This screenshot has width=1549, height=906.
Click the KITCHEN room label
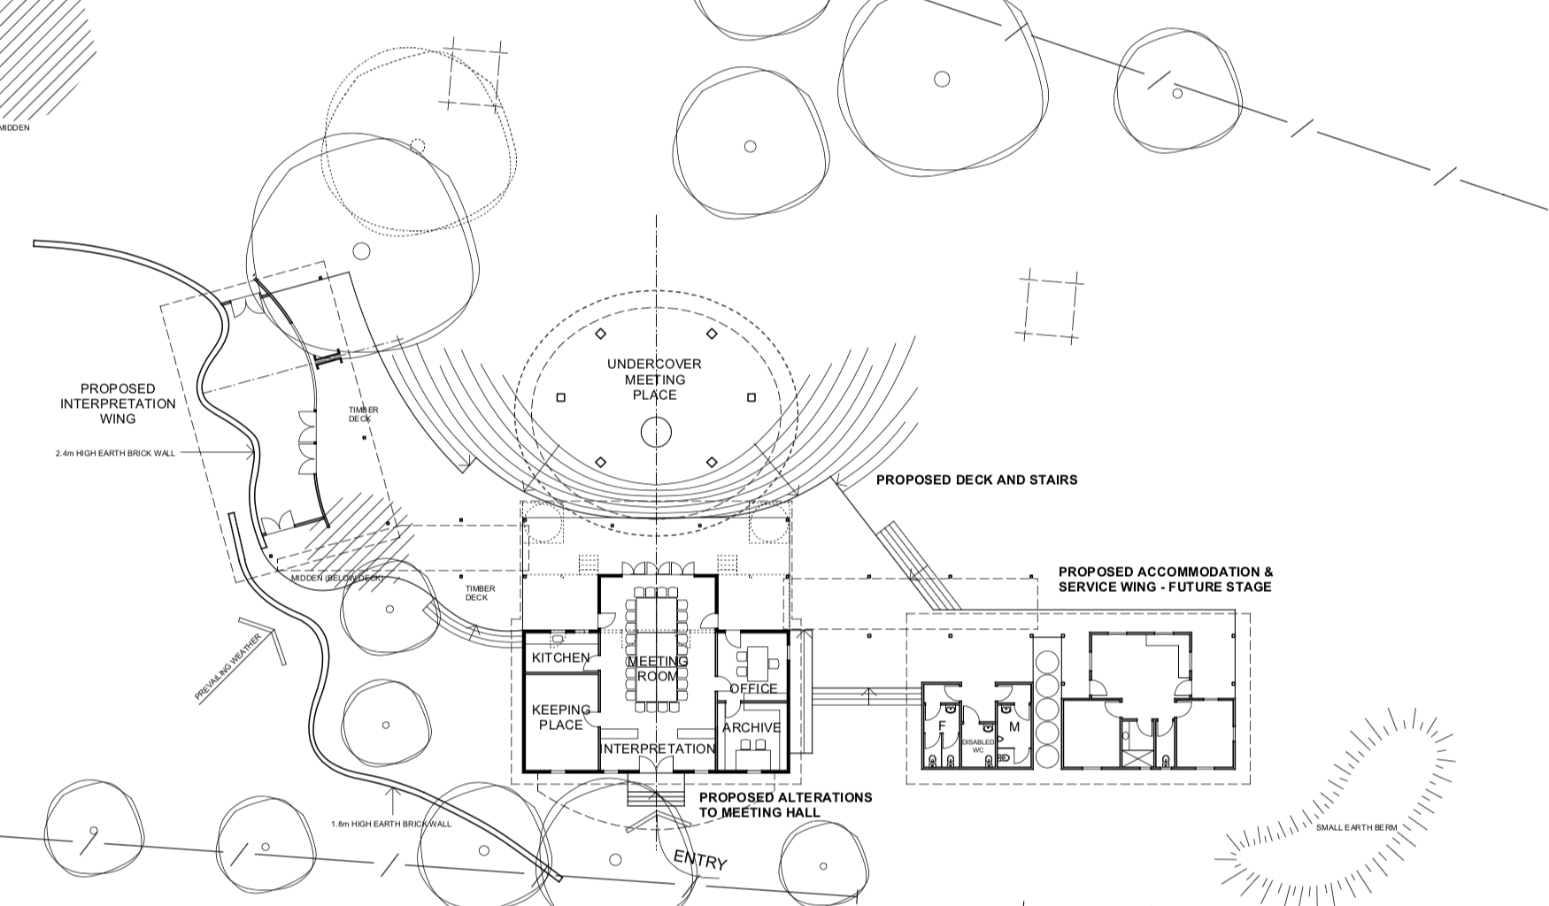point(560,657)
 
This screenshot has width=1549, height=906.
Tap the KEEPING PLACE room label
point(560,717)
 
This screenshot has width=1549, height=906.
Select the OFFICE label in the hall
point(753,688)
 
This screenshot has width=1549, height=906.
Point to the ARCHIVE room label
point(751,727)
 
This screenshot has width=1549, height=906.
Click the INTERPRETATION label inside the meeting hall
point(658,749)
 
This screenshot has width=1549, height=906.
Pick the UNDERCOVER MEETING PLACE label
point(654,380)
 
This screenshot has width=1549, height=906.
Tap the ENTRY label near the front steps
point(700,860)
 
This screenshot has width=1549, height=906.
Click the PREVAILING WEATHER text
point(227,666)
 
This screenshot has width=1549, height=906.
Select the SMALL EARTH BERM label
point(1356,828)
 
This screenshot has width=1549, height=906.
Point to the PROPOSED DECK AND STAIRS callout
point(976,480)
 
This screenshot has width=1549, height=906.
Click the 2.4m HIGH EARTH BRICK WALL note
point(115,453)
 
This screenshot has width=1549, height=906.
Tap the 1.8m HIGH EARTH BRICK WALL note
point(391,824)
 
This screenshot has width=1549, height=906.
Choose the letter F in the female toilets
point(943,726)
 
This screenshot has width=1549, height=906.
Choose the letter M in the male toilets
point(1014,726)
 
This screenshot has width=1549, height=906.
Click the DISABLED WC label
point(978,746)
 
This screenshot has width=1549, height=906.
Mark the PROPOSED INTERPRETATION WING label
point(118,403)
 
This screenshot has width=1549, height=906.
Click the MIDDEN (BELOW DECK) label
point(338,578)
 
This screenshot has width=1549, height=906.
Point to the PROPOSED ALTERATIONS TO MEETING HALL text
point(785,804)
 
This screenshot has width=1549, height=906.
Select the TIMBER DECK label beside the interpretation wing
point(363,414)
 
